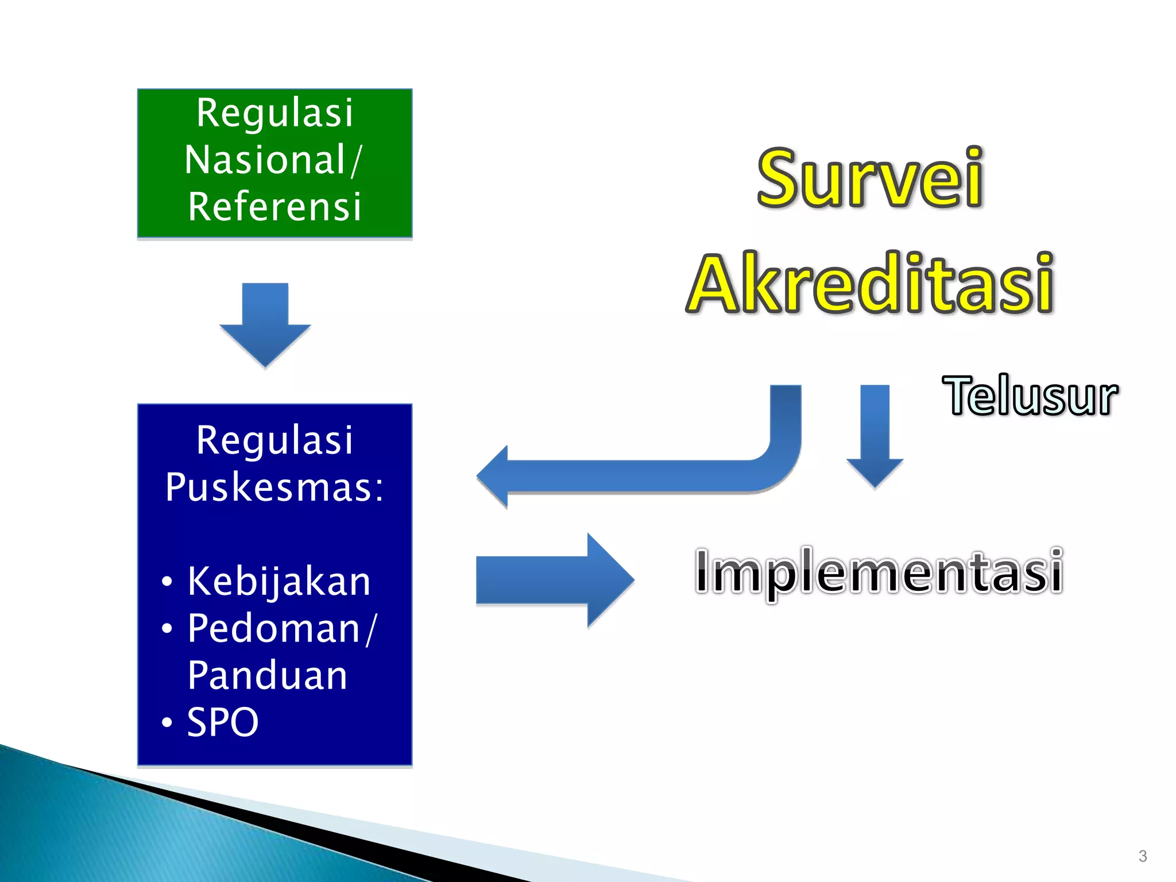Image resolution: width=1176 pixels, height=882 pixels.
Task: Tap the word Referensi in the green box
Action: coord(274,207)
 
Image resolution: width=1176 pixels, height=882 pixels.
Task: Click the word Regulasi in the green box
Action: coord(274,113)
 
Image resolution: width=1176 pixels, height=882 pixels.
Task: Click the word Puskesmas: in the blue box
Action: coord(274,487)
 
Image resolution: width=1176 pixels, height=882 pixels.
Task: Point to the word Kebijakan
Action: coord(279,581)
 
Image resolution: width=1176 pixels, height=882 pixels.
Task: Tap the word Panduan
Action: coord(268,675)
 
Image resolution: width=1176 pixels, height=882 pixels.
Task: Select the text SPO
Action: coord(223,722)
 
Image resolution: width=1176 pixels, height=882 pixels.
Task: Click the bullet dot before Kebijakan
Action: coord(167,582)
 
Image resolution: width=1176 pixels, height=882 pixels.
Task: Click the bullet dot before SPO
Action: coord(167,722)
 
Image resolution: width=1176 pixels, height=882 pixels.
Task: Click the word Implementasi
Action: coord(879,571)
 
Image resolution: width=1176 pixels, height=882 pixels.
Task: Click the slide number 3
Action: coord(1143,856)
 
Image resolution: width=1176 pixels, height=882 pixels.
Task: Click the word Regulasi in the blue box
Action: coord(274,440)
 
